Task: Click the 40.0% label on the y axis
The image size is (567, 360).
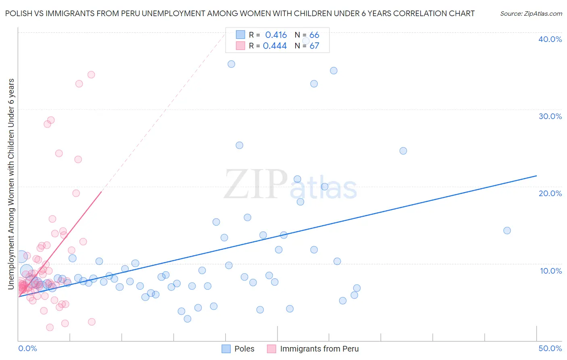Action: [550, 39]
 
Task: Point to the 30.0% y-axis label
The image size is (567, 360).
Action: [550, 116]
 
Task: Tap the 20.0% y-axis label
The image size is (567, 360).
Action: [550, 193]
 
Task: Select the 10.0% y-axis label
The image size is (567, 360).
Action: [550, 271]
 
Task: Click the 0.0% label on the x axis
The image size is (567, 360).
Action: [27, 348]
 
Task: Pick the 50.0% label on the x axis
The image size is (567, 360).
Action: [550, 348]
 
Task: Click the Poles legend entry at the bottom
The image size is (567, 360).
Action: [244, 349]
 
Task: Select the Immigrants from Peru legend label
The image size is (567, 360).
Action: [319, 349]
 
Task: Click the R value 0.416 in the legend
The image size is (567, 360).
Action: [276, 35]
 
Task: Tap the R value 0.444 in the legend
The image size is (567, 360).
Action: [275, 46]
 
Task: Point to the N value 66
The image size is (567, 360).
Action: [314, 35]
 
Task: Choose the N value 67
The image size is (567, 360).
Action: [314, 46]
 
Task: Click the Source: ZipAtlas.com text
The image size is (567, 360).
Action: [531, 14]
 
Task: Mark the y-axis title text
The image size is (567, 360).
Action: [11, 184]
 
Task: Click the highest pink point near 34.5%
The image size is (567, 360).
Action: [91, 75]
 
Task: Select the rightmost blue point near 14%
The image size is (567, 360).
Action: [507, 230]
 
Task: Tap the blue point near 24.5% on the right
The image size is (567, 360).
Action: [403, 151]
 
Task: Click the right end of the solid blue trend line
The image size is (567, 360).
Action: [536, 176]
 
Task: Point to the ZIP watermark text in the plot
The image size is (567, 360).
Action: [256, 184]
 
